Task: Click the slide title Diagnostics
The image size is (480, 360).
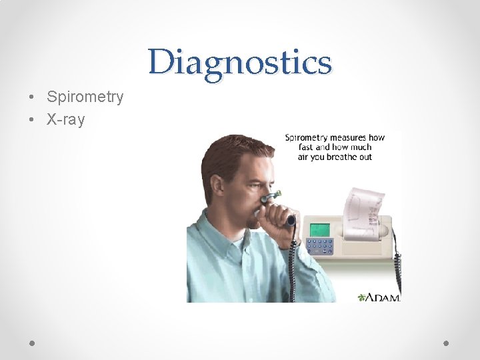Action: click(240, 63)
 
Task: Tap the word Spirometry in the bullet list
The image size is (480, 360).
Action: click(85, 97)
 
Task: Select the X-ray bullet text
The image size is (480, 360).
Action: click(66, 120)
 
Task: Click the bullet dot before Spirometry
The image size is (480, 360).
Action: click(32, 98)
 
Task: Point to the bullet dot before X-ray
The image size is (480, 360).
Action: click(32, 121)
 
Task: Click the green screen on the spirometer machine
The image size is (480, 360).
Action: click(320, 229)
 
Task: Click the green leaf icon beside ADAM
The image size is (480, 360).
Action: click(363, 297)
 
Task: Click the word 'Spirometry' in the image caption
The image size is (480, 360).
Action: click(309, 138)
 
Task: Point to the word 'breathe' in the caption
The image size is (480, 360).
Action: click(340, 157)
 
